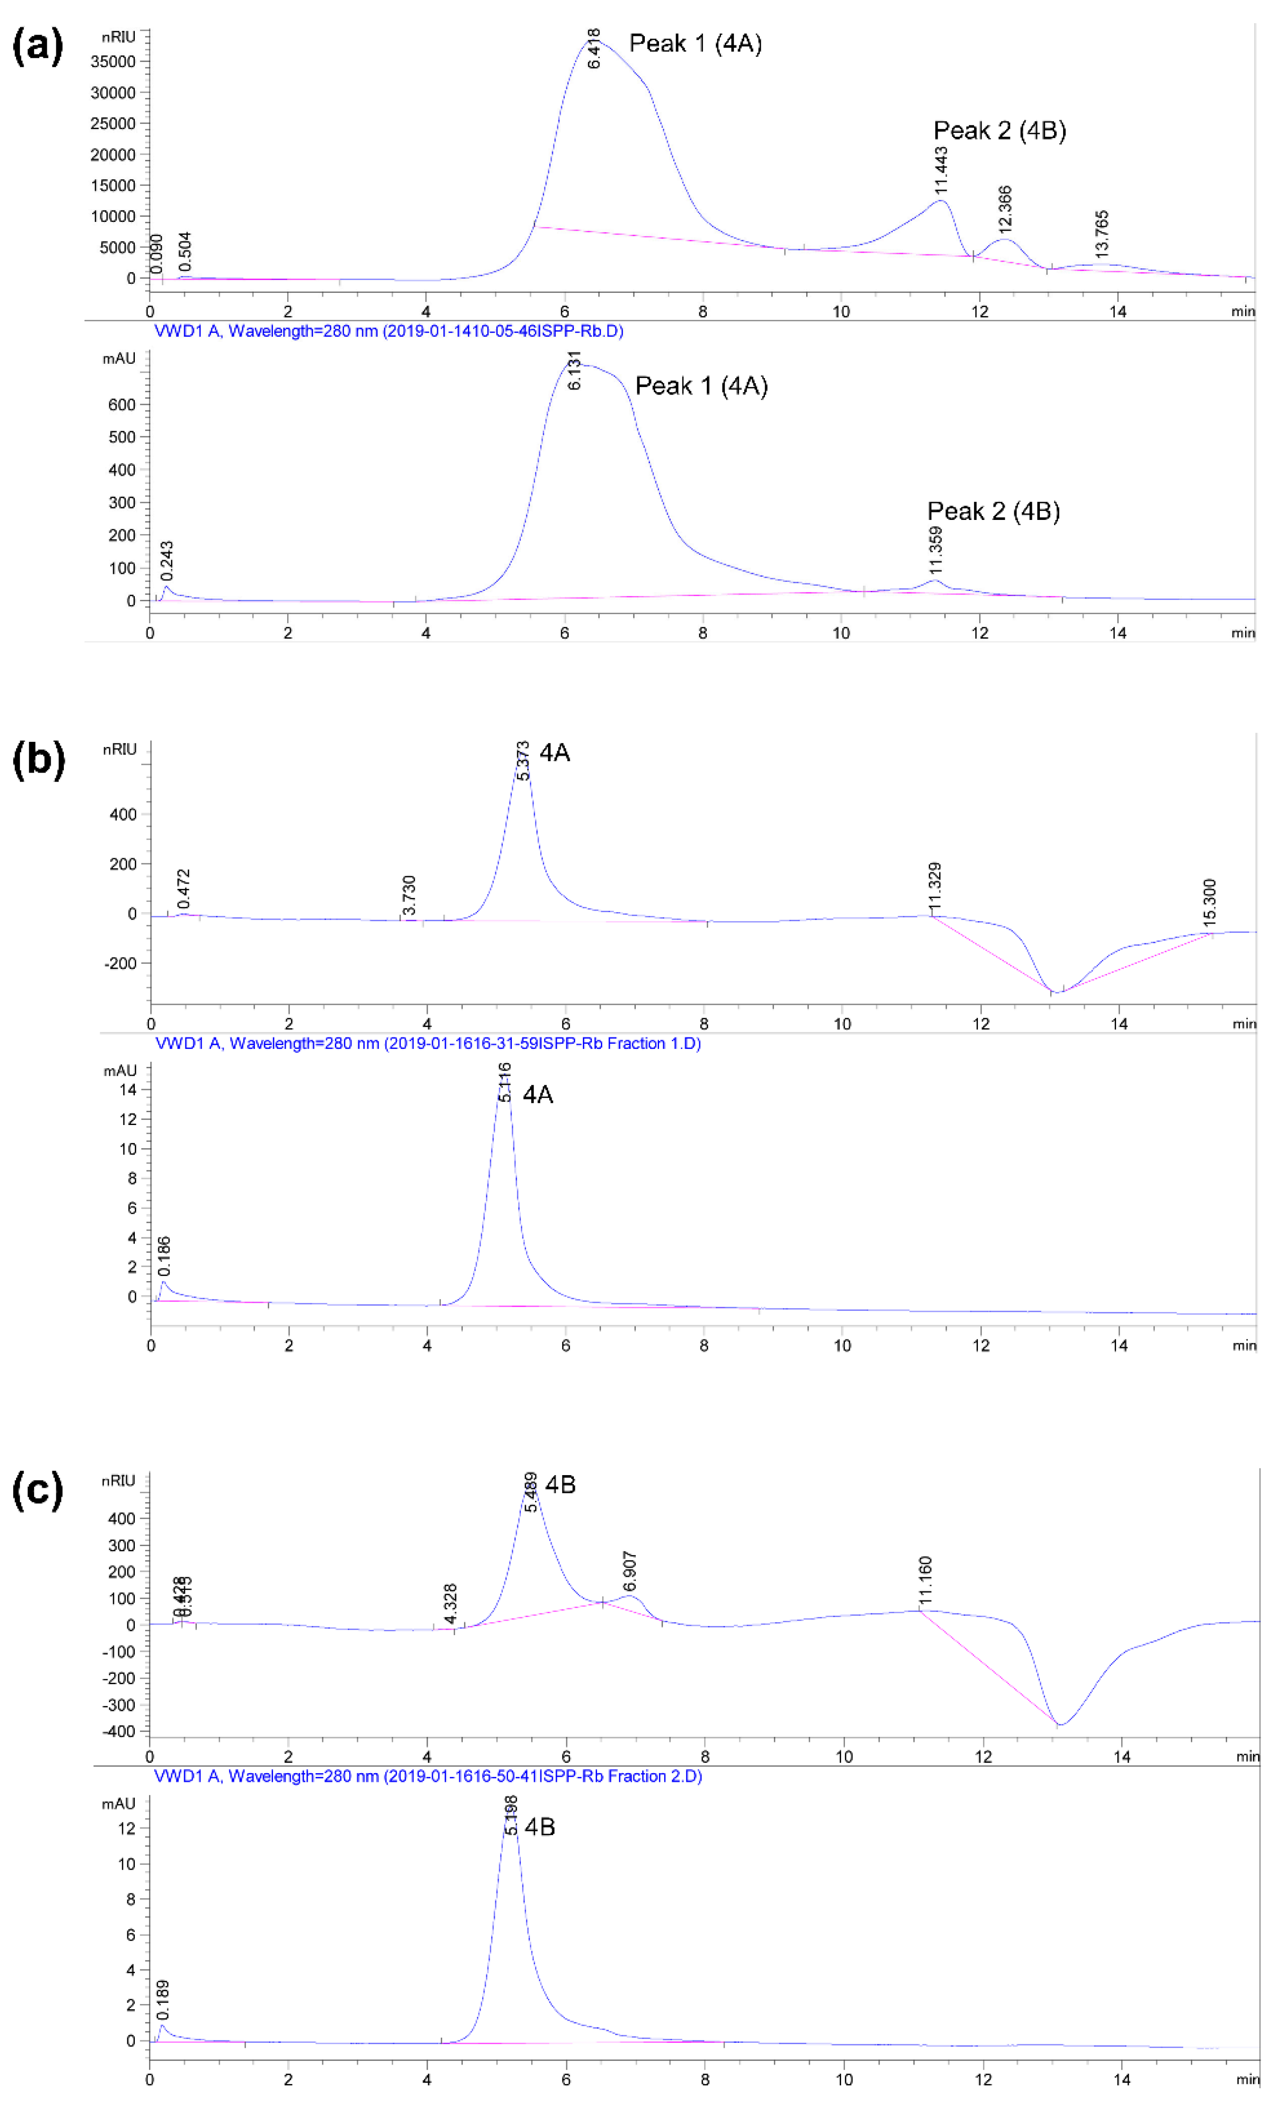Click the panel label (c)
click(37, 1490)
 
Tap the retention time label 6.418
click(594, 49)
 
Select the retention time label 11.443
click(941, 170)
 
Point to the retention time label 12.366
click(1005, 210)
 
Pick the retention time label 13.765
click(1102, 235)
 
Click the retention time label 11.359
click(936, 551)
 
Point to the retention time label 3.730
click(409, 895)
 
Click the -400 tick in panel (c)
click(119, 1732)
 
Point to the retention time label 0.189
click(163, 2000)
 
